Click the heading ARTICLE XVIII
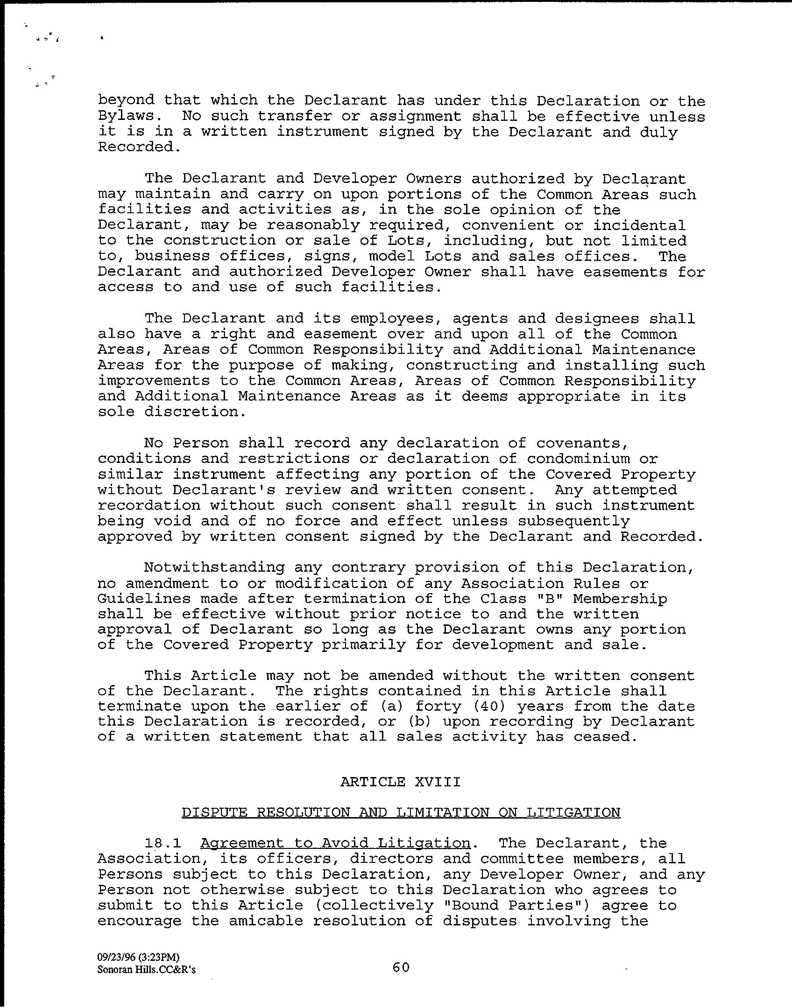click(400, 781)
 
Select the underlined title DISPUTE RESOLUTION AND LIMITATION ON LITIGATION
click(401, 812)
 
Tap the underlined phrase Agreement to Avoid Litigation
click(335, 843)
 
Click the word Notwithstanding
click(214, 567)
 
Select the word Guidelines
click(144, 598)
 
